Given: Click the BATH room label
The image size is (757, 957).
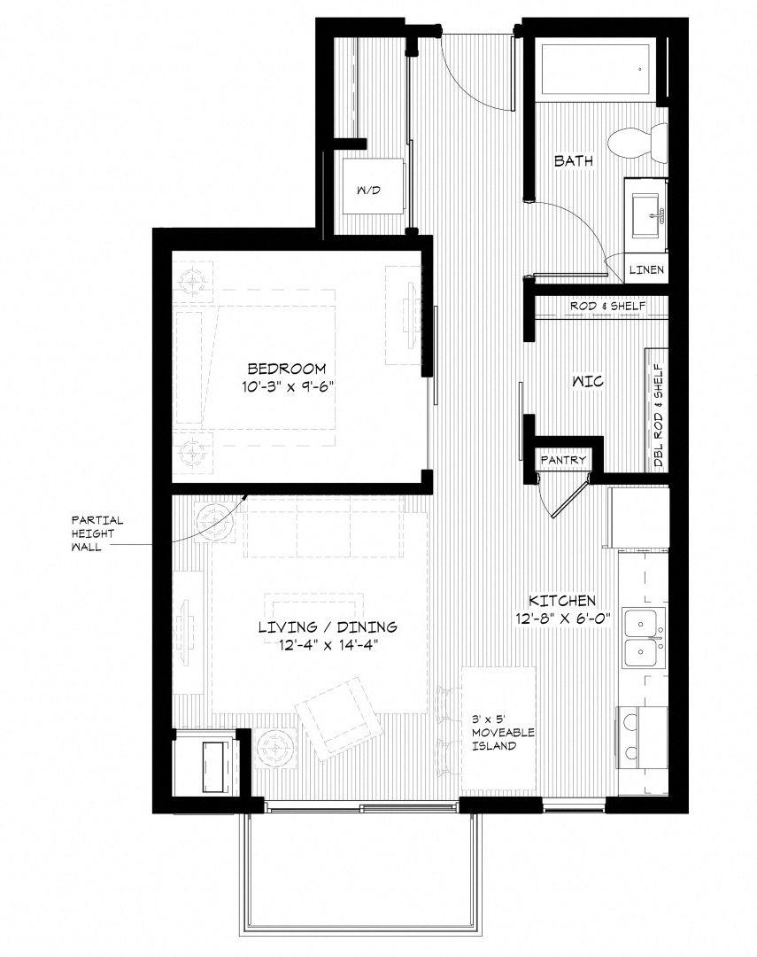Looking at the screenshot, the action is (573, 161).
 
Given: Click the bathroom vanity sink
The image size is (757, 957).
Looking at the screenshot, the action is (646, 215).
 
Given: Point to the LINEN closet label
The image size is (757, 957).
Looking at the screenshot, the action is (646, 269).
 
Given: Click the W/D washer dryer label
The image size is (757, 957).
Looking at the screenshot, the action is (368, 191).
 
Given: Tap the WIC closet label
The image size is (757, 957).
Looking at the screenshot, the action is (588, 382).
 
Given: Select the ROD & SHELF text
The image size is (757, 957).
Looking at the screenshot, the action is (607, 306).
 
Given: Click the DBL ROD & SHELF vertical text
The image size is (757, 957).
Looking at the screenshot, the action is (658, 416).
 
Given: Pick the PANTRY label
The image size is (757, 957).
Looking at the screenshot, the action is (564, 460).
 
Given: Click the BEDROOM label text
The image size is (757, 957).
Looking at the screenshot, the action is (287, 369).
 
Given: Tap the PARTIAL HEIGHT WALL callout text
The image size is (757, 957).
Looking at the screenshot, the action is (97, 533).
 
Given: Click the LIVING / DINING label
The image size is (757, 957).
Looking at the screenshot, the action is (328, 626).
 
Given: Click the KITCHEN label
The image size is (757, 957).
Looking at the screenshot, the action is (562, 601).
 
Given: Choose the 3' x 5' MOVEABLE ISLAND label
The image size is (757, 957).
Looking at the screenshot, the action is (503, 732).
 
